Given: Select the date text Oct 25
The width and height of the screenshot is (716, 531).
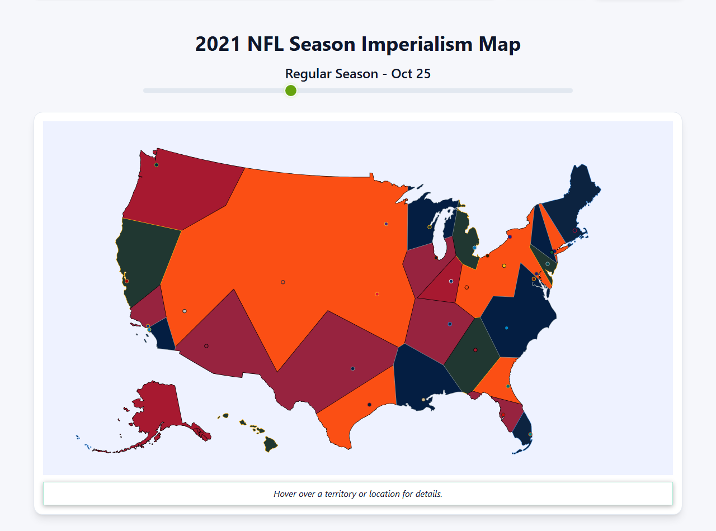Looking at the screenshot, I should tap(411, 74).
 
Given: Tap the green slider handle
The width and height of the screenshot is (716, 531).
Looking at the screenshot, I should tap(290, 91).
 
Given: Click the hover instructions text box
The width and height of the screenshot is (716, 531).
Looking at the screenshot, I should tap(358, 494).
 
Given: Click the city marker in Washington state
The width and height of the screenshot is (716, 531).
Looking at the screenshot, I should tap(157, 164).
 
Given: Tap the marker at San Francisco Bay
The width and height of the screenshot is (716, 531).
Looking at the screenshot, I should tap(127, 281).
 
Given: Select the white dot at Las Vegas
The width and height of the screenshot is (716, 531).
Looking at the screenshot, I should tap(185, 311).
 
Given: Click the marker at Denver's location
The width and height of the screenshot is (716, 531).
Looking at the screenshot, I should tap(283, 282).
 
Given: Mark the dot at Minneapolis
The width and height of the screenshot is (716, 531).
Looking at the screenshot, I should tap(386, 224).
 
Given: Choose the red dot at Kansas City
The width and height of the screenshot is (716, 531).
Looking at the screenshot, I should tap(377, 294).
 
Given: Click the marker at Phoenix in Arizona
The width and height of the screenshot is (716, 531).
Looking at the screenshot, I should tap(206, 346).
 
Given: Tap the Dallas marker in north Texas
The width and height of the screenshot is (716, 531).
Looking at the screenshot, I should tap(352, 368).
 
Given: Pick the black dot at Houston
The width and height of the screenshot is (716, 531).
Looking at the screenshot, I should tap(369, 405).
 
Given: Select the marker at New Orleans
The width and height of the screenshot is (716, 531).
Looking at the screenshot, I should tap(423, 400).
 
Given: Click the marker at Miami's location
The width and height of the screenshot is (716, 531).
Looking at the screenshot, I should tap(530, 434).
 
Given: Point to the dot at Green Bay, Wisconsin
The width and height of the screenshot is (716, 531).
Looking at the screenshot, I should tap(430, 227).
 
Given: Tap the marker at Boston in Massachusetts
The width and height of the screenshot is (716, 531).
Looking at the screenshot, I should tap(574, 230).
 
